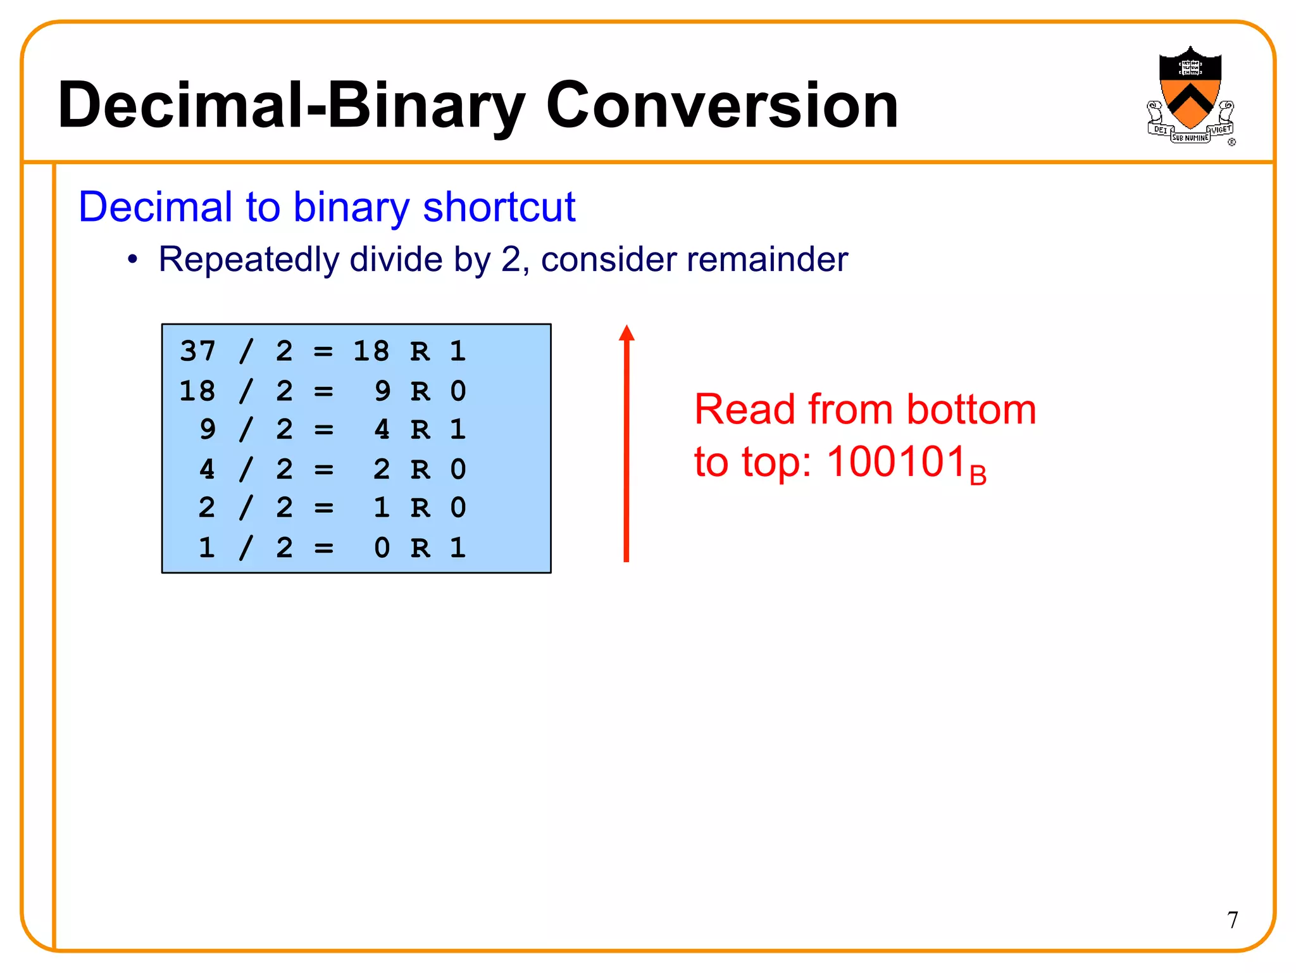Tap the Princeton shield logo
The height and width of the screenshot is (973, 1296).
click(x=1190, y=95)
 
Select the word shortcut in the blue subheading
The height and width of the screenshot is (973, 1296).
click(x=499, y=207)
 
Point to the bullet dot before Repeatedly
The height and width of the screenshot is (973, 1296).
click(x=132, y=260)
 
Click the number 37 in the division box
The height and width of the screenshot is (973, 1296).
click(x=197, y=351)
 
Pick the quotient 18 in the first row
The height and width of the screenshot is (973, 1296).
click(x=371, y=351)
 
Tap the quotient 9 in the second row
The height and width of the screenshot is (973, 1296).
click(x=382, y=391)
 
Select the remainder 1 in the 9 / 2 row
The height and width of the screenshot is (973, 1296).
click(x=458, y=430)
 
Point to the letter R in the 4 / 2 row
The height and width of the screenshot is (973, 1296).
click(x=420, y=470)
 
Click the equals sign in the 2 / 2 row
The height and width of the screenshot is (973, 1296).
click(x=323, y=508)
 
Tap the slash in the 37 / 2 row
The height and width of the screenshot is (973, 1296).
click(x=246, y=351)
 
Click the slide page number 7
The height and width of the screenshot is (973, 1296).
click(x=1232, y=920)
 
